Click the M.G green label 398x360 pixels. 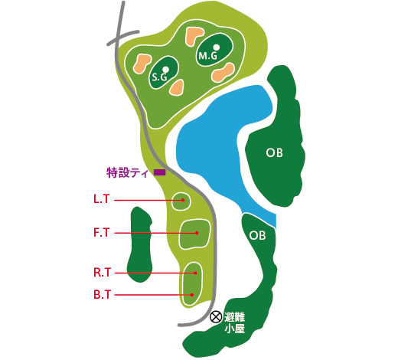click(x=207, y=56)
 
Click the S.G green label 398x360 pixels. click(x=159, y=77)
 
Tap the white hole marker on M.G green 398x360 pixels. click(x=217, y=47)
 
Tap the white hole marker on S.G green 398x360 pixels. click(x=165, y=69)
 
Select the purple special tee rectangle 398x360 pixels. click(x=160, y=172)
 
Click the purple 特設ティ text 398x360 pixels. click(x=128, y=173)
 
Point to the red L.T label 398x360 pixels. click(x=102, y=199)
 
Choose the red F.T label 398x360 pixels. click(x=102, y=233)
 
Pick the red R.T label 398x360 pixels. click(x=102, y=273)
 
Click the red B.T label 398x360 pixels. click(x=102, y=295)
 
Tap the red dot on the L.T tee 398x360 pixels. click(x=183, y=200)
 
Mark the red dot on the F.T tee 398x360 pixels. click(x=197, y=233)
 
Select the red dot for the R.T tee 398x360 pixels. click(x=195, y=273)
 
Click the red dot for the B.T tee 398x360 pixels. click(x=192, y=295)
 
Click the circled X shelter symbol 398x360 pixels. click(x=216, y=317)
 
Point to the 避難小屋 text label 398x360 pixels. click(x=235, y=323)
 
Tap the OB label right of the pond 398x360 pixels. click(x=275, y=152)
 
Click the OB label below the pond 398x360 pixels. click(x=257, y=235)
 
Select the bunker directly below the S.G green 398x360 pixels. click(x=177, y=87)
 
